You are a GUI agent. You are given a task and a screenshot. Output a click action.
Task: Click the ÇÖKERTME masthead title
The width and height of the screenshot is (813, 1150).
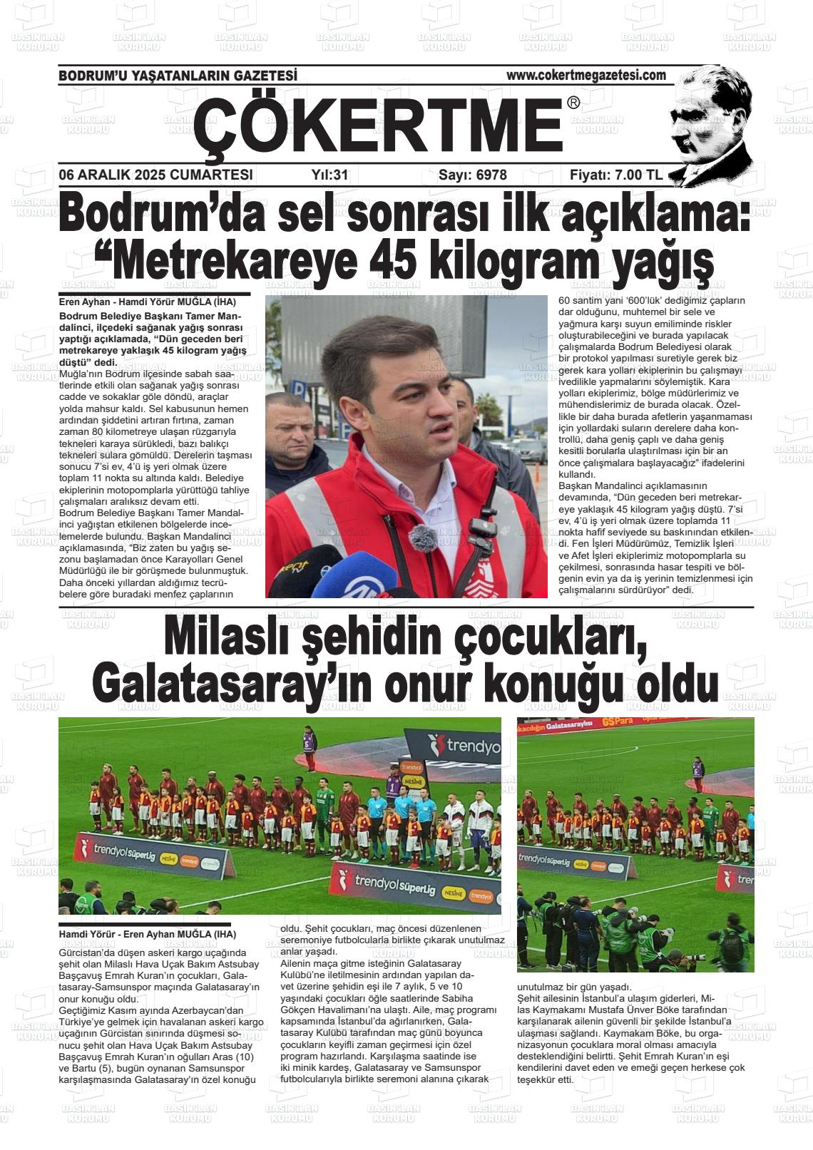378,126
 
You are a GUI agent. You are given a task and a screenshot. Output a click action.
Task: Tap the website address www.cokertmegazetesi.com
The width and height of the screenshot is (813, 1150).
586,75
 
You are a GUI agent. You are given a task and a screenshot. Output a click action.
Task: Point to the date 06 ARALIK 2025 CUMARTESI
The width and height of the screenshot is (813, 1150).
155,175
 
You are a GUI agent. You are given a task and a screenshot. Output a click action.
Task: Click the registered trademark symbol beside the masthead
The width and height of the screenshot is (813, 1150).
573,103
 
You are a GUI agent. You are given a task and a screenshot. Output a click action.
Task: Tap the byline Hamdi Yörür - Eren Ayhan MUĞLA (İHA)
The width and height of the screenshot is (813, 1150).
147,934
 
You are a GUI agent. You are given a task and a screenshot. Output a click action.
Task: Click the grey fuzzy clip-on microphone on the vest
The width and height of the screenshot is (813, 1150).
421,539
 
